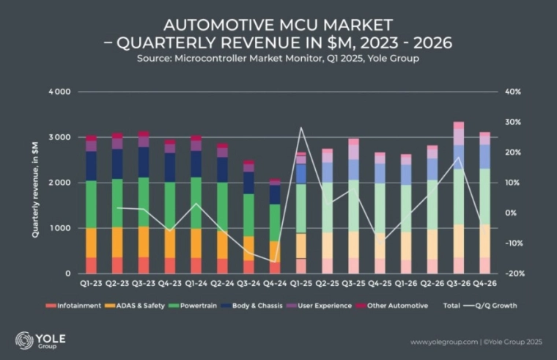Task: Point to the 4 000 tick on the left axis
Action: (x=59, y=92)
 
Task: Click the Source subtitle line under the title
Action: (x=278, y=57)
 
